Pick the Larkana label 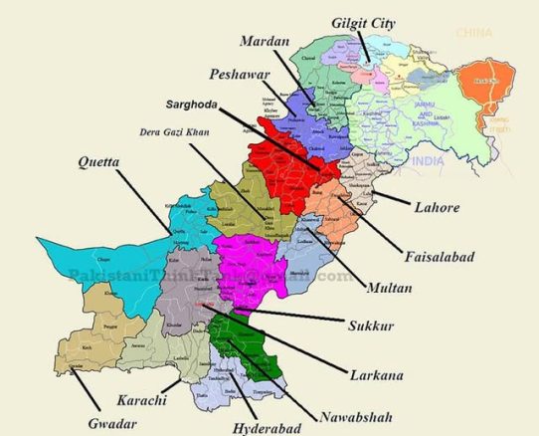[376, 374]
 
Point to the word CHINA [474, 33]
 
